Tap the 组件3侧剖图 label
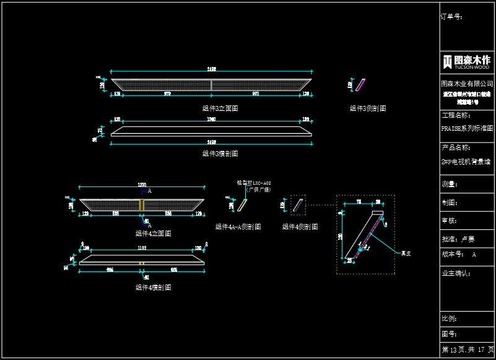point(368,108)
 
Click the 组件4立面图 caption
point(153,234)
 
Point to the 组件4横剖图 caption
point(153,288)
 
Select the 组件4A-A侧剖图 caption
point(238,227)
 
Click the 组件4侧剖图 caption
point(300,227)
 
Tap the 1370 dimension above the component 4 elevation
point(141,185)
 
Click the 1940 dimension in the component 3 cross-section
point(211,119)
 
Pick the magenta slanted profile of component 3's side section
point(360,85)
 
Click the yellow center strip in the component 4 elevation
point(142,204)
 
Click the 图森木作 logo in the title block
point(467,62)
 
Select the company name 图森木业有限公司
point(467,83)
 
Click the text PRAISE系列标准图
point(467,129)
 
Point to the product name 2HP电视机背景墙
point(466,162)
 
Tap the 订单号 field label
point(451,17)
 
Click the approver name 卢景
point(468,239)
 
